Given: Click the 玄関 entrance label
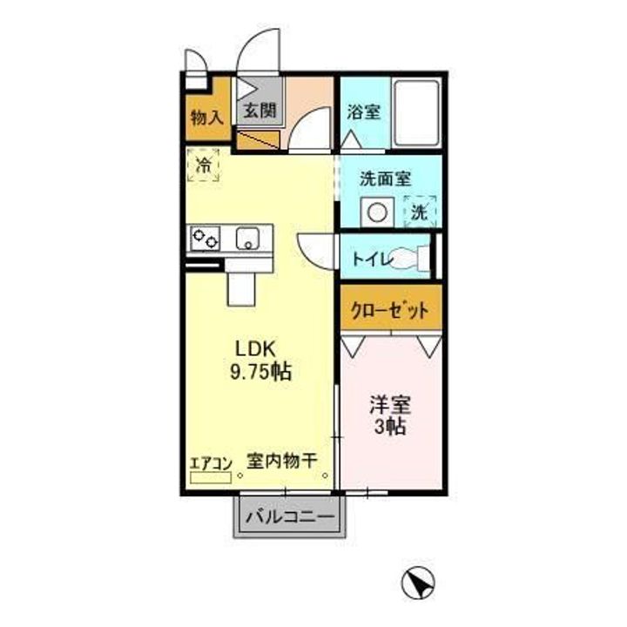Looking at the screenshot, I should [259, 111].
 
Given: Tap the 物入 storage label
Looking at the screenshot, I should [206, 116].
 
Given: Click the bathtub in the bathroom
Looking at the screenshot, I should [415, 114].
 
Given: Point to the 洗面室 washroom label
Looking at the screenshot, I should [386, 179].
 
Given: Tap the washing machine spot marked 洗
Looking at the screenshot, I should [420, 211].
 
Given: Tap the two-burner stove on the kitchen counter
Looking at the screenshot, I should [207, 236].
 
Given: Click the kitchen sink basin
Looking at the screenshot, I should [246, 236].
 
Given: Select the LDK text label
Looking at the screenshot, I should [253, 347].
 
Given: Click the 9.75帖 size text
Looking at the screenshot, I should [260, 372].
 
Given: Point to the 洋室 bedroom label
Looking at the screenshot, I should [389, 405].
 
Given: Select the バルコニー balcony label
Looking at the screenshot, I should [289, 517].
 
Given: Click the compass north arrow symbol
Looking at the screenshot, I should [418, 580].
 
